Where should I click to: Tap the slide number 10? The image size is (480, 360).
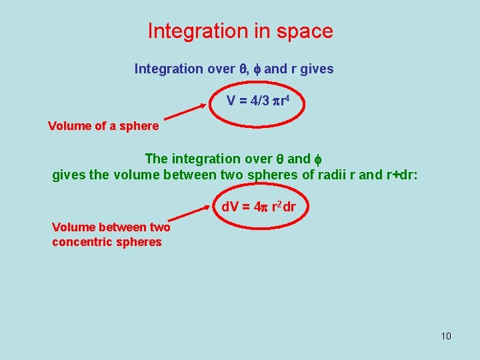pos(446,335)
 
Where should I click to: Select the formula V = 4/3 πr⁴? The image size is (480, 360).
pos(257,101)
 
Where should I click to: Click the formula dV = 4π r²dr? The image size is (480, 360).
pos(258,207)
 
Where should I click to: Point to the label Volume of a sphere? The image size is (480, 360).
pos(103,126)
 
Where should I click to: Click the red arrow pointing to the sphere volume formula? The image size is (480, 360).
pos(183,113)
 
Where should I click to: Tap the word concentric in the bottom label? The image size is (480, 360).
pos(81,241)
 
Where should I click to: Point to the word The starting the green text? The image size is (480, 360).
pos(156,159)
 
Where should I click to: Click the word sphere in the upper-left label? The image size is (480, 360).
pos(139,126)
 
